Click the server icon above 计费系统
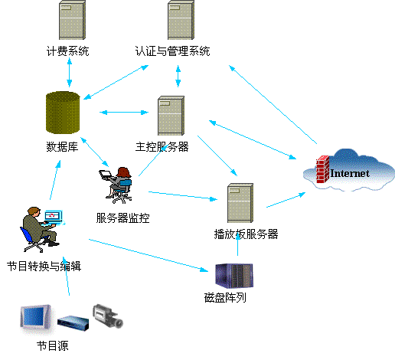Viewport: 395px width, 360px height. tap(72, 20)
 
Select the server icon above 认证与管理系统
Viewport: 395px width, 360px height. tap(181, 20)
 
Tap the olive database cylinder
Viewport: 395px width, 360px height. tap(63, 113)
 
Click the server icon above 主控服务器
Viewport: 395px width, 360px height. tap(171, 116)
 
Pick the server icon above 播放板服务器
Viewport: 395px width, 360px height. tap(240, 203)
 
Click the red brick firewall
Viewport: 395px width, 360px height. tap(323, 169)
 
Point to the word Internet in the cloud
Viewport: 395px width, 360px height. tap(350, 173)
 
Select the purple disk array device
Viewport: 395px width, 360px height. tap(234, 276)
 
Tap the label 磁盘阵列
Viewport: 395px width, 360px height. tap(225, 298)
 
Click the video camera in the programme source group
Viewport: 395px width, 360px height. tap(108, 316)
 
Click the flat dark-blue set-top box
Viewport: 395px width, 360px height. tap(73, 323)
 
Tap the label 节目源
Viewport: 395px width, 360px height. tap(53, 345)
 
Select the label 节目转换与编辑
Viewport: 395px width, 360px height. tap(44, 267)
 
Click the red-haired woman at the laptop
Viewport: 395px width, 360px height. tap(116, 185)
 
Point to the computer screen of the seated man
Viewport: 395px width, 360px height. tap(54, 216)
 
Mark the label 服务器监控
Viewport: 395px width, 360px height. tap(122, 218)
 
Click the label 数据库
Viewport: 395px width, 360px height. tap(62, 147)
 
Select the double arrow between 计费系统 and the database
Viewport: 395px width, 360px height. tap(70, 73)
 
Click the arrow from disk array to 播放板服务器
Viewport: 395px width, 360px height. tap(237, 244)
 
